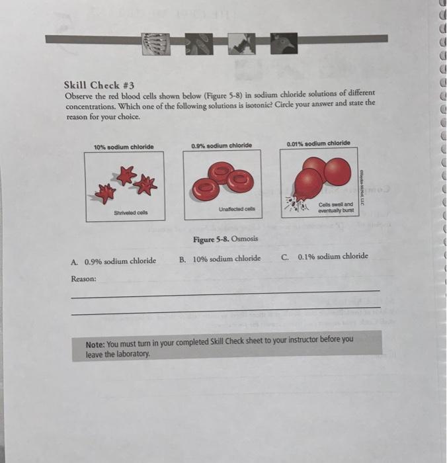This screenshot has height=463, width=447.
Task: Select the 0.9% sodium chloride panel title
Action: click(221, 146)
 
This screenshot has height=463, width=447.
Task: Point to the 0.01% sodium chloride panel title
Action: click(319, 143)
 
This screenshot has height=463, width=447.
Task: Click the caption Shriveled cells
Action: click(130, 212)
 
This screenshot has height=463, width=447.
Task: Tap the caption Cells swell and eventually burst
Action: click(336, 208)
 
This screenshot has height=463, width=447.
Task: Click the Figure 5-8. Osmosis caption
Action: click(225, 239)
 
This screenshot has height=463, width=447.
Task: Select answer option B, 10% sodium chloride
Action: click(220, 259)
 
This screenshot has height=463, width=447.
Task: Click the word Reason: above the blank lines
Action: click(83, 279)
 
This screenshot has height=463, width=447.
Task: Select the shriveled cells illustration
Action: click(128, 183)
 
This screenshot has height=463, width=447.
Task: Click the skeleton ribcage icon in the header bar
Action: click(157, 43)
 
